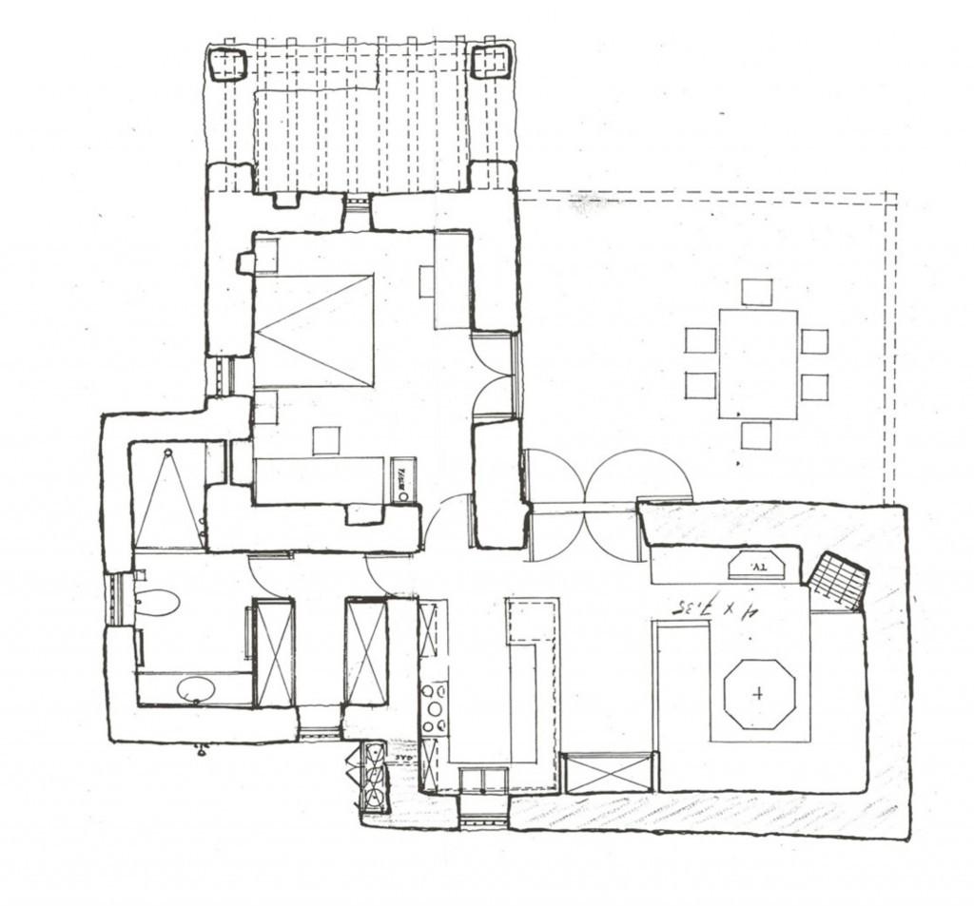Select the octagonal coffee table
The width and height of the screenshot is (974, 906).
coord(758,694)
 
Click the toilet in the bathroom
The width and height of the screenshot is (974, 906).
coord(157,602)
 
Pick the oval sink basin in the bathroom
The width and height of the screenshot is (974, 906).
coord(196,688)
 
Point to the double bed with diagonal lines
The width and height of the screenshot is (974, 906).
coord(314,331)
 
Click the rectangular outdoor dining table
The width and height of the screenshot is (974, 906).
coord(757,364)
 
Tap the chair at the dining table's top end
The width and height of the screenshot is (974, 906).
coord(756,292)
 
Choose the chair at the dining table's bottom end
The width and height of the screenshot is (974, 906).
coord(756,435)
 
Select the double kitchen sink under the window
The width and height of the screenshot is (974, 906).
coord(483,781)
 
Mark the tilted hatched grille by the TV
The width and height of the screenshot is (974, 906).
coord(838,580)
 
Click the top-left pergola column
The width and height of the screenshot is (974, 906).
coord(227,65)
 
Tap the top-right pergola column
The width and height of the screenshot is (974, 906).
coord(491,62)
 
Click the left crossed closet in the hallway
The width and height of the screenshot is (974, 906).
coord(274,653)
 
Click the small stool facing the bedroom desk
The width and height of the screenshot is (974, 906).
coord(326,440)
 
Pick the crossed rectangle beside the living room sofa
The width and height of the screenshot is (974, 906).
coord(609,772)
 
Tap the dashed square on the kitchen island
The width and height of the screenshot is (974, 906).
coord(531,621)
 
